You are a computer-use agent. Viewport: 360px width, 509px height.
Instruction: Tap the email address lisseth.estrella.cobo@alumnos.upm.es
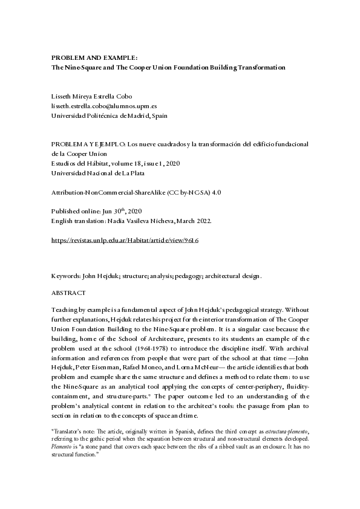105,106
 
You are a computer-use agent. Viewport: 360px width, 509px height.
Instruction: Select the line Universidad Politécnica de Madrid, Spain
109,115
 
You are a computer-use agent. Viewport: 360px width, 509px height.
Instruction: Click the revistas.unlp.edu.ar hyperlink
125,240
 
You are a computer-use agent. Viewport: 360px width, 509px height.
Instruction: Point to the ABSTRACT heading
69,293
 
